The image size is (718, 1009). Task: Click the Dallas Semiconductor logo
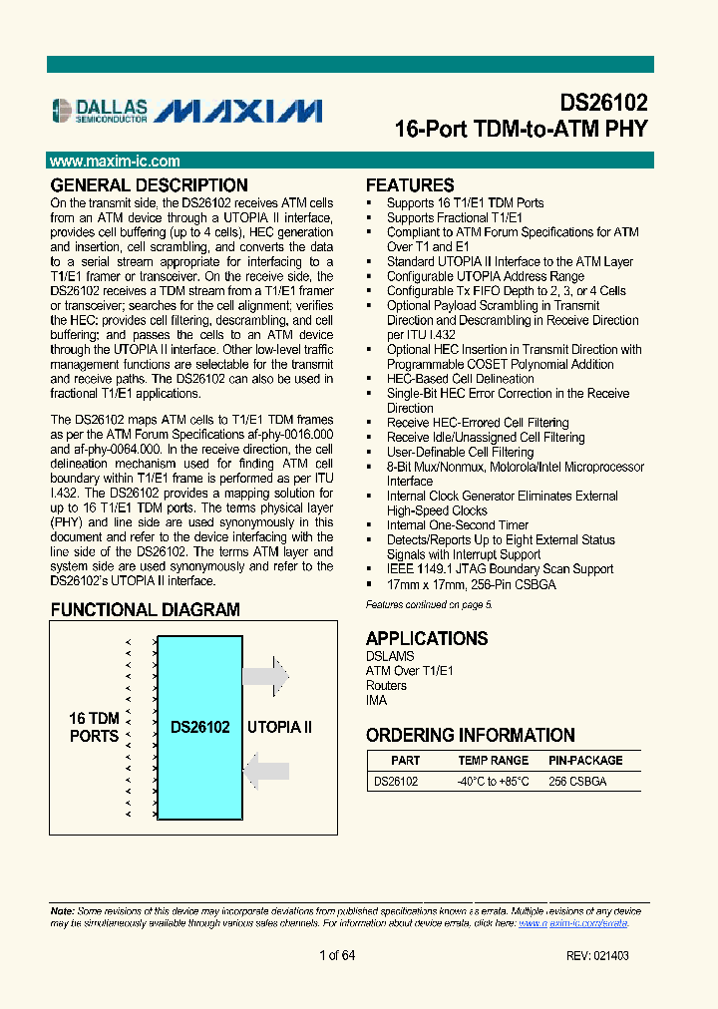click(99, 110)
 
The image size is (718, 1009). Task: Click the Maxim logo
click(239, 110)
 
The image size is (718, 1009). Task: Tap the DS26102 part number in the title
click(602, 104)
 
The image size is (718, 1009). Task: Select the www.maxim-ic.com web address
click(115, 161)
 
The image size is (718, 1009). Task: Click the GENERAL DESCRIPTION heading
click(149, 185)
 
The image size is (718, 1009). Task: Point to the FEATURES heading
click(410, 185)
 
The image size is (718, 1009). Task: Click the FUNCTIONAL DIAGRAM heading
click(145, 610)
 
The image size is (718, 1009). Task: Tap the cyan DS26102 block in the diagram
click(199, 728)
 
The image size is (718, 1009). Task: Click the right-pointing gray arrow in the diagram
click(265, 676)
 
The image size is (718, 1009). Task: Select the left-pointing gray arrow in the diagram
click(265, 771)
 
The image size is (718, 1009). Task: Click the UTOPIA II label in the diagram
click(279, 728)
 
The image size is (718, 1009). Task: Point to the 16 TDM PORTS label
click(94, 728)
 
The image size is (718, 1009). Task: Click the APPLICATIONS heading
click(426, 639)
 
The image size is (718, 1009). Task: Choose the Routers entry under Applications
click(386, 686)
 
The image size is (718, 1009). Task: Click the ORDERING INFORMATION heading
click(470, 736)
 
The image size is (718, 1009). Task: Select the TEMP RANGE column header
click(494, 761)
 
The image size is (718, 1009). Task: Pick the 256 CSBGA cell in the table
click(577, 782)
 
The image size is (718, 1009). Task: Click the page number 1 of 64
click(337, 955)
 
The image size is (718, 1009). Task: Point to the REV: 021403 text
click(596, 956)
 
